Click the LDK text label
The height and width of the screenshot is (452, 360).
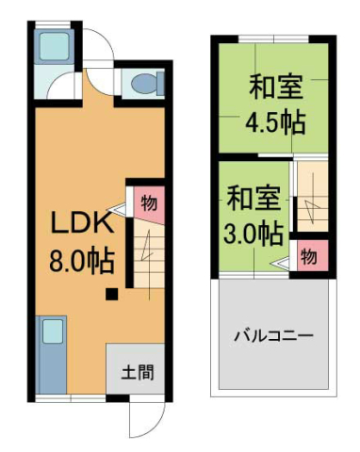pos(82,225)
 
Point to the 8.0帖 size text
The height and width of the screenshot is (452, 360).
pos(82,259)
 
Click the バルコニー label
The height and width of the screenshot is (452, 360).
pos(273,335)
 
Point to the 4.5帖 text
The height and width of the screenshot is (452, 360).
pos(275,121)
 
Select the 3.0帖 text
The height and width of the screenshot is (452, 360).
pos(253,232)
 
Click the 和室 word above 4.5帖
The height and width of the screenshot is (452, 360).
pos(275,87)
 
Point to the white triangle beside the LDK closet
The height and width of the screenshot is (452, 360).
pos(120,209)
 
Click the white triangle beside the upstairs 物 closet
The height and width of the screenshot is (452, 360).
pos(282,264)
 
